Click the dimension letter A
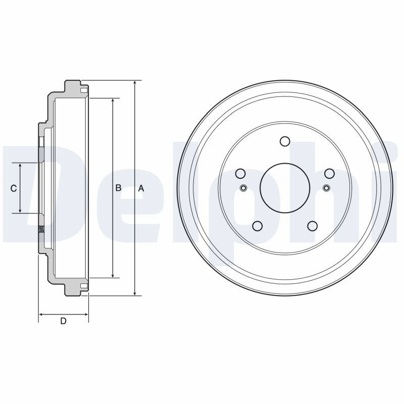point(141,188)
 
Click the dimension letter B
point(118,188)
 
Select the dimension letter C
point(14,188)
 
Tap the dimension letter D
point(63,321)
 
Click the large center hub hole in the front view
point(285,188)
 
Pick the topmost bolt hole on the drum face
point(285,141)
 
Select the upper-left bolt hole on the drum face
point(241,173)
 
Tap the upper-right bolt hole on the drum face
point(329,173)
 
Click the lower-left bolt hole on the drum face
point(258,226)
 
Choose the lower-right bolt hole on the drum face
point(312,226)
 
